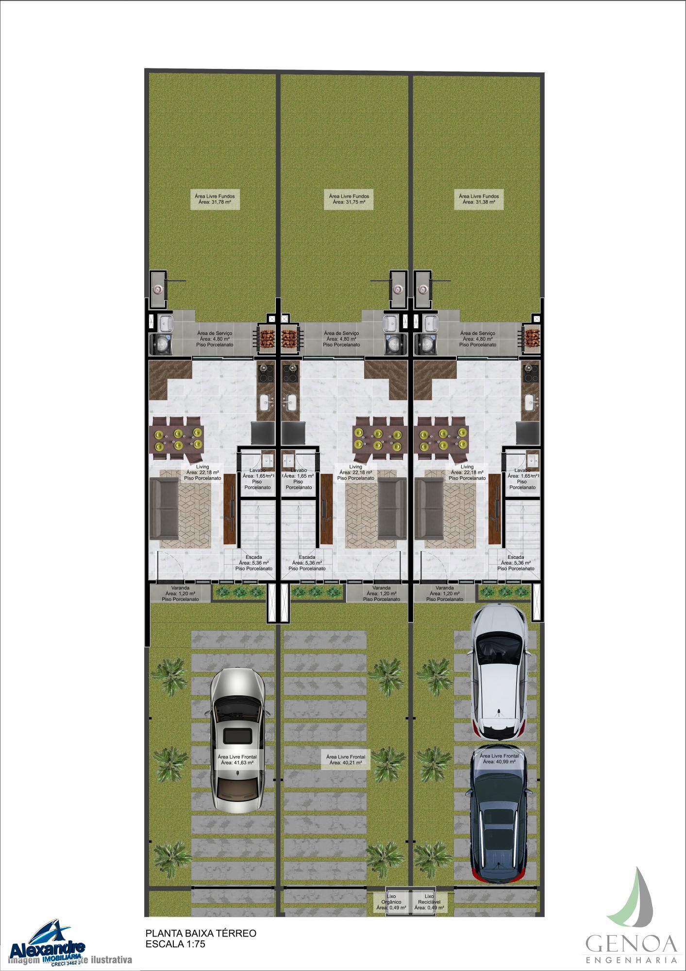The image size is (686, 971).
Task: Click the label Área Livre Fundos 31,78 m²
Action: tap(215, 199)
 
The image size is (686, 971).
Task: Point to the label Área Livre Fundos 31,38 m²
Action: tap(478, 199)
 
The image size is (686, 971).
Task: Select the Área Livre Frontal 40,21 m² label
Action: tap(345, 759)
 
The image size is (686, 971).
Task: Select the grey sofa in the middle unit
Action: tap(392, 509)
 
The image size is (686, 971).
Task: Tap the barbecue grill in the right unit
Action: tap(533, 336)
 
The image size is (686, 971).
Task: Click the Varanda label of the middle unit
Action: tap(382, 593)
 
